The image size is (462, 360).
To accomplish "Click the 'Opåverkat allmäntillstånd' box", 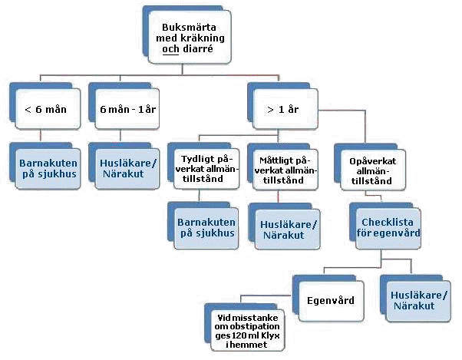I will click(366, 169).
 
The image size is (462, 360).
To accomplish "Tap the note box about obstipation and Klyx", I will click(246, 331).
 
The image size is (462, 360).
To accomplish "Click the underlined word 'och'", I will click(170, 49).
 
